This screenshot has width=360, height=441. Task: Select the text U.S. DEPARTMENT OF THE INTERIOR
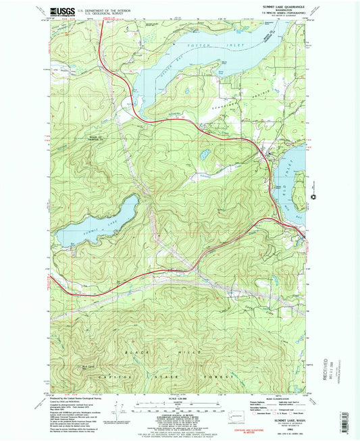tap(103, 9)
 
